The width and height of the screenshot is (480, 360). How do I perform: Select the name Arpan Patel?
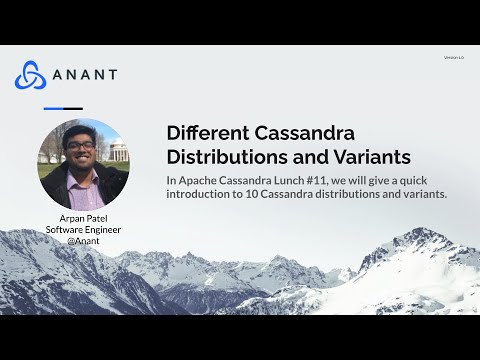83,218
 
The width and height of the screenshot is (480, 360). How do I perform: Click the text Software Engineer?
83,229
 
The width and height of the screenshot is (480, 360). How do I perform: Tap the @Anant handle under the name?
83,241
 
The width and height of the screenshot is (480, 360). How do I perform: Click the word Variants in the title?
372,158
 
